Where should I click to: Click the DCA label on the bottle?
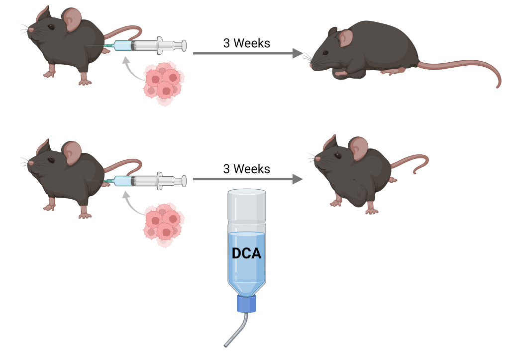[x=246, y=253]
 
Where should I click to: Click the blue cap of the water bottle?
[x=247, y=303]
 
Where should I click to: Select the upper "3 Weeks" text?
[x=246, y=43]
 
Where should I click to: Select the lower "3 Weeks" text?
[x=246, y=169]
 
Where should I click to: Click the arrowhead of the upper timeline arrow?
[x=298, y=53]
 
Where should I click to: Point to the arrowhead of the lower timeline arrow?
[x=298, y=179]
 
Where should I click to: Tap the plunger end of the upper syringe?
[x=184, y=46]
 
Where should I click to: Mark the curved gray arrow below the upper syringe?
[x=130, y=70]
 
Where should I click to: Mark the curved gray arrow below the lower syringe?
[x=130, y=204]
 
